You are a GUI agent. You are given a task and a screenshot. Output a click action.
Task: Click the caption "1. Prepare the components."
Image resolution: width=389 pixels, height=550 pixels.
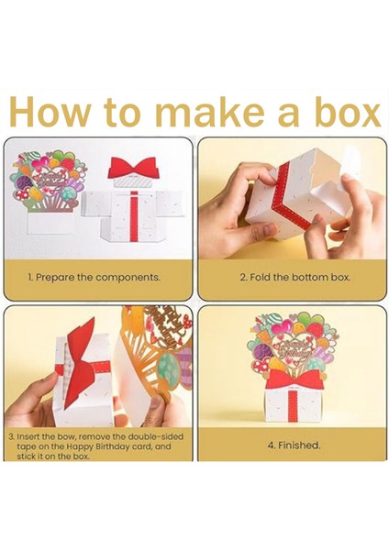tap(94, 278)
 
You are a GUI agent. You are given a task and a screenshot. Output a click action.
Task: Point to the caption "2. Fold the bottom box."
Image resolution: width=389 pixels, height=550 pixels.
tap(295, 278)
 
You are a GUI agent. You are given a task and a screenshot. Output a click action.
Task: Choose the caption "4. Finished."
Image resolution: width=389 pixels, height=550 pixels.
tap(295, 445)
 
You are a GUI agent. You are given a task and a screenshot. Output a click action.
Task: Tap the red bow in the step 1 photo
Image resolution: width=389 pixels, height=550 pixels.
tap(132, 167)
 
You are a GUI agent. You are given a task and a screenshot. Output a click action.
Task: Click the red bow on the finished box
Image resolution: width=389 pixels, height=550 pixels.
tap(294, 379)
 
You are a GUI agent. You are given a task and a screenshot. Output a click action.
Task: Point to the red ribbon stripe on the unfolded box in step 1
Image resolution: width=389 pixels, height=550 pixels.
tap(133, 215)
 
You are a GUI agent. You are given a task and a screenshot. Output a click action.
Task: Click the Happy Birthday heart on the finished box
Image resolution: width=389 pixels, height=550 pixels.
tap(295, 347)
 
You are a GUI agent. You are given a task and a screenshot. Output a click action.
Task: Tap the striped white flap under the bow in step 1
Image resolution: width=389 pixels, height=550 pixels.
tap(133, 183)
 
